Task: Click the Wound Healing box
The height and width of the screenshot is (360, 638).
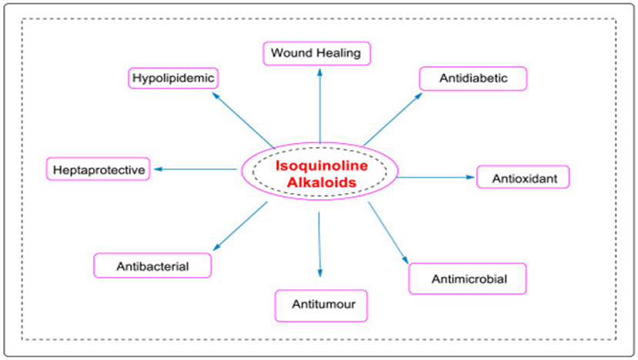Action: (316, 53)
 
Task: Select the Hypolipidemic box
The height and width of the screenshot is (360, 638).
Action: (173, 78)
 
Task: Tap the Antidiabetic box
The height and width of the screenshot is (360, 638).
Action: (473, 78)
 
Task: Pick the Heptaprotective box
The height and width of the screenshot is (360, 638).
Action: (98, 168)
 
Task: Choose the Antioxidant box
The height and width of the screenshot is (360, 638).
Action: (523, 177)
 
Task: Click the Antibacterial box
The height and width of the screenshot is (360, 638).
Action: (152, 265)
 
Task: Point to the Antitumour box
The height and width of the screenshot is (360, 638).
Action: (321, 305)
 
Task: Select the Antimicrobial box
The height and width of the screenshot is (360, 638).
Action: (467, 278)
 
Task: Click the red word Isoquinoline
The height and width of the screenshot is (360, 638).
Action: (322, 165)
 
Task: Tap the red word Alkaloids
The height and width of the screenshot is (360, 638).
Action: (322, 182)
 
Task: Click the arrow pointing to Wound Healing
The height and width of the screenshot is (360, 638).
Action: (320, 105)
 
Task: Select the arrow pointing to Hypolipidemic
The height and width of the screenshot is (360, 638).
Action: (243, 121)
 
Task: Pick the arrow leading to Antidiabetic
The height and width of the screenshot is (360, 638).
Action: (393, 119)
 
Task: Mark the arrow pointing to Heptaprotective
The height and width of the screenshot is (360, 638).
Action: (195, 169)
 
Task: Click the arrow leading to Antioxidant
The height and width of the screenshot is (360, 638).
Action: (436, 178)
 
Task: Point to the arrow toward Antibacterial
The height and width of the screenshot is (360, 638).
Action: (240, 226)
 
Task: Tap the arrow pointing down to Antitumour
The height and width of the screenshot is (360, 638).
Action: (319, 245)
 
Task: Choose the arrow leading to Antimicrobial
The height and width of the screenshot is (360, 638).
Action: (388, 232)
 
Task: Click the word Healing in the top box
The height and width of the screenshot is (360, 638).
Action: (339, 53)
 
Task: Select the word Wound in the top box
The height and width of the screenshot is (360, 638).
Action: (292, 53)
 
